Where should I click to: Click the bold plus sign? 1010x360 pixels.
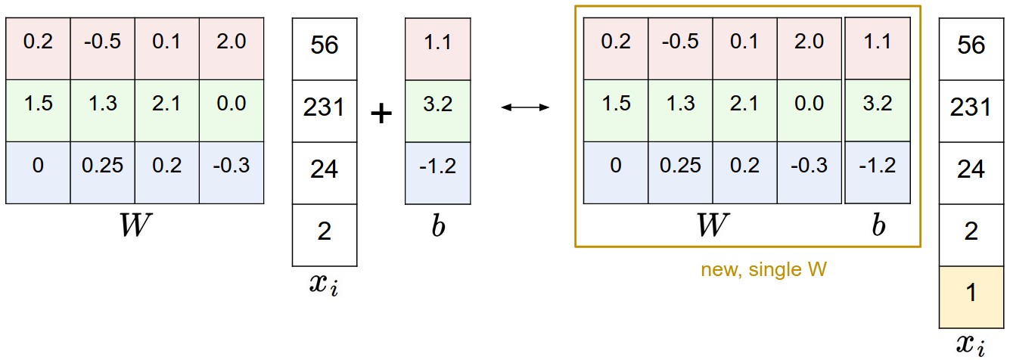[x=382, y=113]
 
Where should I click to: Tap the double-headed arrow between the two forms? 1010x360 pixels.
[x=526, y=108]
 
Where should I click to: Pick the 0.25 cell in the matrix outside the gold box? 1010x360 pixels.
[x=102, y=166]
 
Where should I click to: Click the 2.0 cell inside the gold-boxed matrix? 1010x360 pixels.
[x=811, y=42]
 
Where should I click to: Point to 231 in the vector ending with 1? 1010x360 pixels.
[x=971, y=107]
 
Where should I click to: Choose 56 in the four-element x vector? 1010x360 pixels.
[x=325, y=45]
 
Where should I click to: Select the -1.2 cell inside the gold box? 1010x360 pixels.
[x=878, y=166]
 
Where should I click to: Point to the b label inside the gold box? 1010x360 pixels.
[x=878, y=225]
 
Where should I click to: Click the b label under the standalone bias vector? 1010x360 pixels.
[x=437, y=227]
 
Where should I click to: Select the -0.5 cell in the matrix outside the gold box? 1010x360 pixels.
[x=102, y=42]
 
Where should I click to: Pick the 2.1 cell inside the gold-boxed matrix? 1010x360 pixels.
[x=745, y=104]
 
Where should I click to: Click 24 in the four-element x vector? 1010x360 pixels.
[x=325, y=169]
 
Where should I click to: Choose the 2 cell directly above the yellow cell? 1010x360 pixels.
[x=971, y=231]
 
